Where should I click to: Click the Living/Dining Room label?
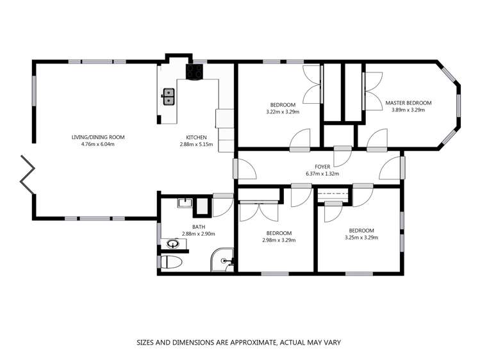97,137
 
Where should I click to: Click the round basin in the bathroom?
172,243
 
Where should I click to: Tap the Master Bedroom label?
408,102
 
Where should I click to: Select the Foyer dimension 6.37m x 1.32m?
322,174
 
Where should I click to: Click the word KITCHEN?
196,137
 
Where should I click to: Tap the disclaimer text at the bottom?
239,343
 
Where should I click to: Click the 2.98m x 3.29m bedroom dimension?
279,240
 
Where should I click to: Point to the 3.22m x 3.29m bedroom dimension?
283,112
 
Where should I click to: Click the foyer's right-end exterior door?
402,168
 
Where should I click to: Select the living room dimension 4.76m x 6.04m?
97,144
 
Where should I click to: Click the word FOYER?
322,167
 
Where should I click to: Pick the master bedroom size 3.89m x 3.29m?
408,110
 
